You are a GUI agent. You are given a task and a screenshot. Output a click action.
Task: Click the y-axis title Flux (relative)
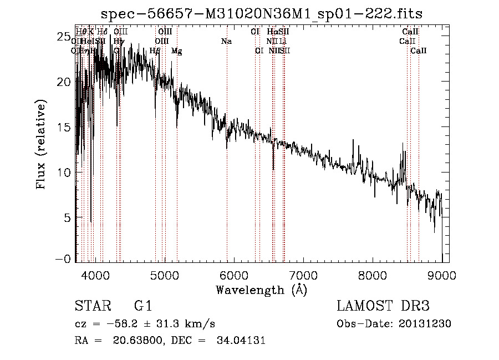pos(42,144)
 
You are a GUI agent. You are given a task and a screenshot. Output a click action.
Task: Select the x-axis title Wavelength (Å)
pos(261,290)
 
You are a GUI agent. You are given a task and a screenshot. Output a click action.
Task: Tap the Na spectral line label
pos(226,42)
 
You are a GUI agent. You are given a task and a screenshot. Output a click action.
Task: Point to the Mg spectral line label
pos(176,51)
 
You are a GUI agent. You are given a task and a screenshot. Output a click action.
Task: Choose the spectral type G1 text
pos(142,307)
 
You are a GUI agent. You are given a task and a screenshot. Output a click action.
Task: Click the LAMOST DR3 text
pos(383,307)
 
